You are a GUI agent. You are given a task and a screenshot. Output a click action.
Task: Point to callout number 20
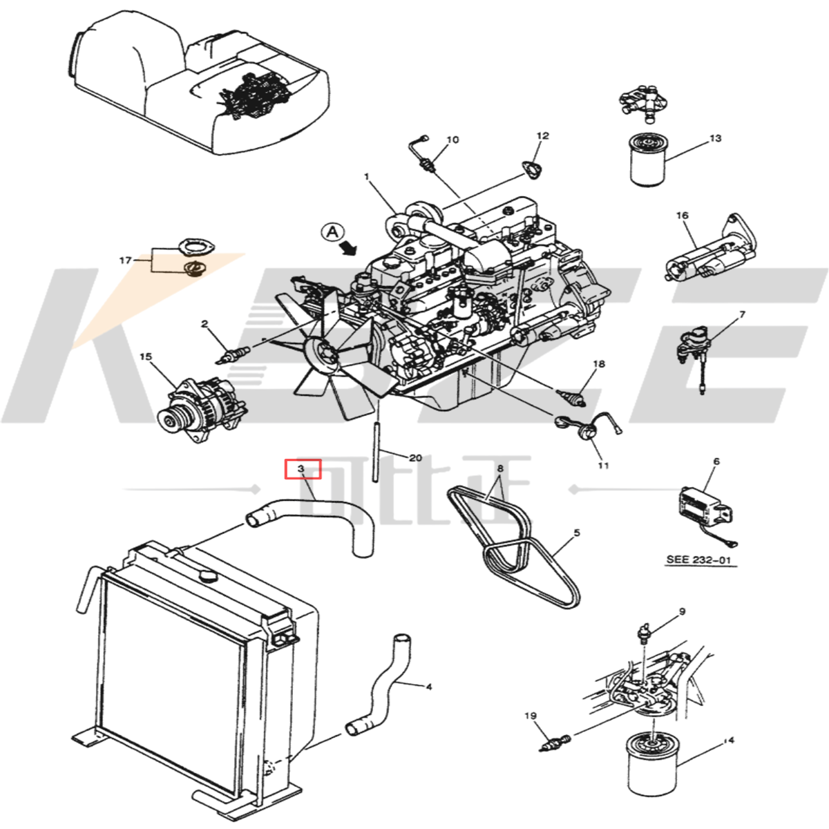coord(415,458)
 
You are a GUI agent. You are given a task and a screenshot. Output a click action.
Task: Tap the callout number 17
coord(125,260)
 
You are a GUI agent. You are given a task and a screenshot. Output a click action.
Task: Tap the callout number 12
coord(542,136)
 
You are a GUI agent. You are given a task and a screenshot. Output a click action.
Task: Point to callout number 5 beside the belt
coord(576,533)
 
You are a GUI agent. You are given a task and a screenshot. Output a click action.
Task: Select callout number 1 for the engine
coord(368,176)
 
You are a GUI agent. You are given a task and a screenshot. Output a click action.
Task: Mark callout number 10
coord(452,140)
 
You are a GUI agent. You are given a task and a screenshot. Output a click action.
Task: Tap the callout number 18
coord(598,364)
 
